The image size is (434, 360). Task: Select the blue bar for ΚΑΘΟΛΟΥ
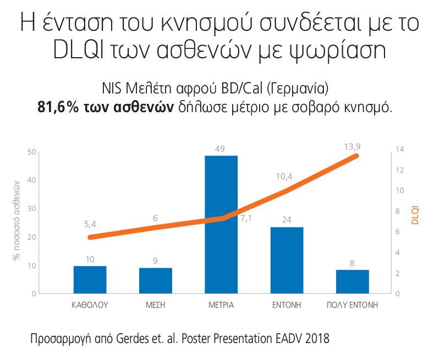click(x=90, y=280)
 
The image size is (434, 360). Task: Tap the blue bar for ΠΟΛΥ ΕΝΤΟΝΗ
click(x=352, y=281)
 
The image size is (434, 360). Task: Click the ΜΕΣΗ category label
click(x=156, y=305)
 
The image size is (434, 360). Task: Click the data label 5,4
click(x=90, y=224)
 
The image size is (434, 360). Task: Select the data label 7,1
click(x=246, y=219)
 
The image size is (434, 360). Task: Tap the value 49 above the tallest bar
click(x=221, y=149)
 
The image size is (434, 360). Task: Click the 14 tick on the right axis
click(x=399, y=149)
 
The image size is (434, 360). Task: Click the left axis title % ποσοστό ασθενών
click(x=17, y=219)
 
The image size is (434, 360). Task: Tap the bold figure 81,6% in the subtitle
click(x=57, y=107)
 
